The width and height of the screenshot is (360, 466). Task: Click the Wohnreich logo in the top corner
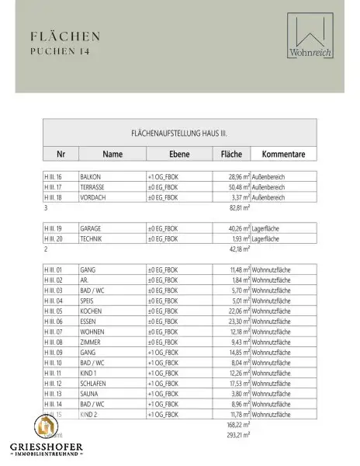tap(310, 36)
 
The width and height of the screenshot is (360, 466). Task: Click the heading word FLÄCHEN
tap(66, 36)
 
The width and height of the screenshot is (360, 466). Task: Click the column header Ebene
tap(180, 154)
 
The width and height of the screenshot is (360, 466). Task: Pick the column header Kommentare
tap(284, 154)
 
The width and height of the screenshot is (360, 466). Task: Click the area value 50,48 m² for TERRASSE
tap(234, 187)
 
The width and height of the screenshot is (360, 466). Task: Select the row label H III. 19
tap(54, 228)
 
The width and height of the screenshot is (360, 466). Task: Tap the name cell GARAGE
tap(91, 228)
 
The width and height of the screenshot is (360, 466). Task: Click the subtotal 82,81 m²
tap(236, 208)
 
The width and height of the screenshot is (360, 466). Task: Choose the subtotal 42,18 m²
tap(236, 249)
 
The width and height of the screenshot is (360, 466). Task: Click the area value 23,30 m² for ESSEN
tap(234, 320)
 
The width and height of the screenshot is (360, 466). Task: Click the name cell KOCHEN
tap(91, 310)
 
